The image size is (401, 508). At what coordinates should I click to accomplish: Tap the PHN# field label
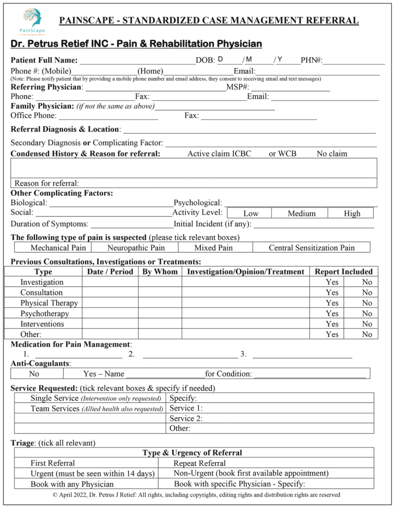tap(312, 61)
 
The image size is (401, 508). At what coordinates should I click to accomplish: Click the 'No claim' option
tap(332, 154)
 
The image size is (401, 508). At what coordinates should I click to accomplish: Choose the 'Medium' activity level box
tap(301, 213)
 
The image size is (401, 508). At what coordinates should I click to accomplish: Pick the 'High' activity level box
tap(352, 213)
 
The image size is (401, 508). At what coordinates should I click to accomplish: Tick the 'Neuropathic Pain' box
tap(135, 248)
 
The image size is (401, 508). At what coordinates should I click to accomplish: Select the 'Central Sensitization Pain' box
tap(312, 248)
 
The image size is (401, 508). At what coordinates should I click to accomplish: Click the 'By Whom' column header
tap(159, 272)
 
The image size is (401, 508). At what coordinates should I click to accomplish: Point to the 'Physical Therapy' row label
tap(49, 303)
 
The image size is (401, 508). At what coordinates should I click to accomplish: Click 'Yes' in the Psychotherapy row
tap(332, 314)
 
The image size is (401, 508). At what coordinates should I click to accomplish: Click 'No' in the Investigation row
tap(367, 282)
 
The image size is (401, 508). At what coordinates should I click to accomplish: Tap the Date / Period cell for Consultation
tap(110, 293)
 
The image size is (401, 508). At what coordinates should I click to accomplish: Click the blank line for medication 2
tap(190, 355)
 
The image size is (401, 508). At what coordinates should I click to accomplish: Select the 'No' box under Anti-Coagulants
tap(34, 374)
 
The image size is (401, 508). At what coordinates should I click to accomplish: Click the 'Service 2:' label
tap(186, 418)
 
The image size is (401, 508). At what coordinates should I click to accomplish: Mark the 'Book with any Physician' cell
tap(72, 484)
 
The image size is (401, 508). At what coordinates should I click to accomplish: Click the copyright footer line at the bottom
tap(197, 495)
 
